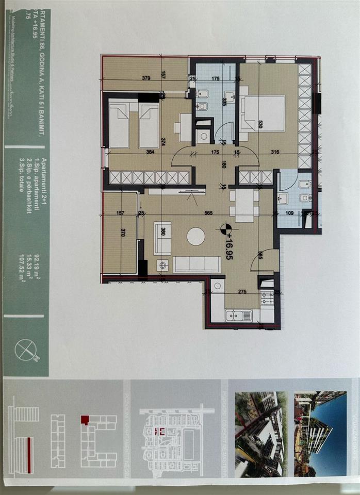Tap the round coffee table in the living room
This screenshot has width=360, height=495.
[x=195, y=236]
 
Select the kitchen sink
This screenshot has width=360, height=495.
[x=239, y=315]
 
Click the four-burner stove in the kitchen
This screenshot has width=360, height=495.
[x=267, y=299]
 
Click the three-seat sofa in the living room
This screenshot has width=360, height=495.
[x=197, y=265]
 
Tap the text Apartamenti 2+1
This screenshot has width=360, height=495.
[x=43, y=176]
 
